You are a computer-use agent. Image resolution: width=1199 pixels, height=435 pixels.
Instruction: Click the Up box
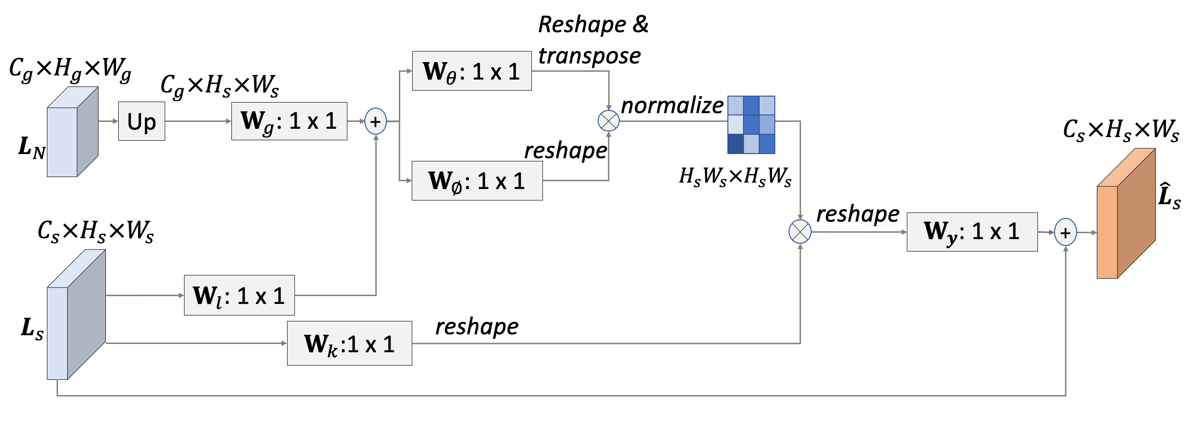pyautogui.click(x=142, y=121)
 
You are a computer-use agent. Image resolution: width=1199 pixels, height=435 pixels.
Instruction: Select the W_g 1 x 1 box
pyautogui.click(x=289, y=121)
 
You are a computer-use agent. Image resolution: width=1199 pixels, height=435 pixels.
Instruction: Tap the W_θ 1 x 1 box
pyautogui.click(x=472, y=71)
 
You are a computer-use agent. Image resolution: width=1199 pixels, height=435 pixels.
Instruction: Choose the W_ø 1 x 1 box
pyautogui.click(x=477, y=181)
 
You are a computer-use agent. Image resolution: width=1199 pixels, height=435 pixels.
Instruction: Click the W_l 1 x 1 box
pyautogui.click(x=239, y=295)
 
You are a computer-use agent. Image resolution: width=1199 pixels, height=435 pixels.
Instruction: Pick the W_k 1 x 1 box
pyautogui.click(x=349, y=343)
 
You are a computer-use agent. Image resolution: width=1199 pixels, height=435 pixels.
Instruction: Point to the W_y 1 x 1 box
pyautogui.click(x=972, y=232)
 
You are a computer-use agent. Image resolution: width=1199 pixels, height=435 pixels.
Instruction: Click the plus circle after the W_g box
pyautogui.click(x=375, y=121)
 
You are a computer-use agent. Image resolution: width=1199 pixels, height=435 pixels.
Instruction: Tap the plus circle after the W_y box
pyautogui.click(x=1066, y=232)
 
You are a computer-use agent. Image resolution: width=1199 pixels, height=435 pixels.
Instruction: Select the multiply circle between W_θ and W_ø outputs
pyautogui.click(x=608, y=121)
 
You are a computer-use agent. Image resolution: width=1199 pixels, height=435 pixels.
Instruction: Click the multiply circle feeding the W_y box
pyautogui.click(x=800, y=232)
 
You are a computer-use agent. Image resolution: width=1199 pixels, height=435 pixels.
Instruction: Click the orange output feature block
pyautogui.click(x=1125, y=214)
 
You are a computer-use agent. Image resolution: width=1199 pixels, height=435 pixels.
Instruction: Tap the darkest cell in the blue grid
pyautogui.click(x=735, y=144)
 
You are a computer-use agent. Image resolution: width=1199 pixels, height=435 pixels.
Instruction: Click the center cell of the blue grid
pyautogui.click(x=751, y=125)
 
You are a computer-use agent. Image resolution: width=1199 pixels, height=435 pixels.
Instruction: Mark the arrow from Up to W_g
pyautogui.click(x=198, y=121)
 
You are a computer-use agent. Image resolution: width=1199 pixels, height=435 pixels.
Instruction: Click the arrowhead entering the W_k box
pyautogui.click(x=284, y=343)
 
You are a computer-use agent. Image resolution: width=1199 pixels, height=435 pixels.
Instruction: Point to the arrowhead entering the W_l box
pyautogui.click(x=181, y=295)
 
